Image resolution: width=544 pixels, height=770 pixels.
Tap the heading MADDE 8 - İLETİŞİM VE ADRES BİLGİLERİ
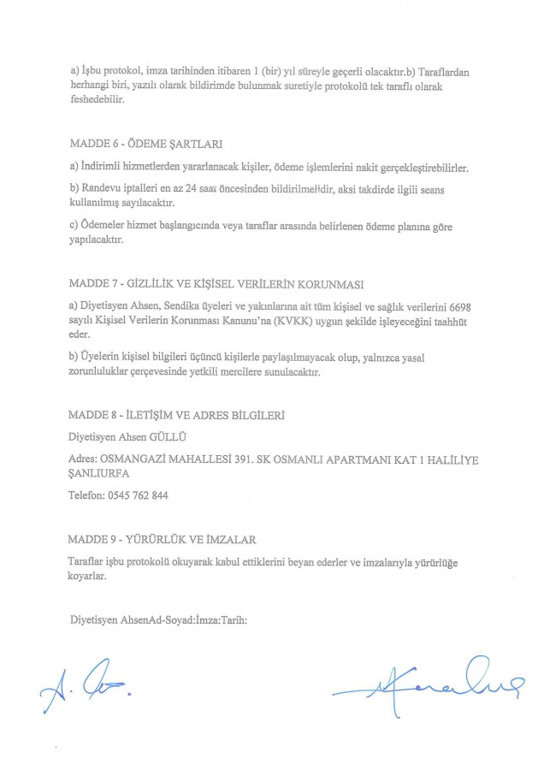pos(176,415)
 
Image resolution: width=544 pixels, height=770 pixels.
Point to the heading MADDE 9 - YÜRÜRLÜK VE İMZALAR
pos(162,539)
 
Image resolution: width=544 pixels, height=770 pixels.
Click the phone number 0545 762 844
pos(137,495)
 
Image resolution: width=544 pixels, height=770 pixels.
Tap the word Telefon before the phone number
pos(86,495)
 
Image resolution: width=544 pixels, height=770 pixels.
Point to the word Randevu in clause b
pos(97,187)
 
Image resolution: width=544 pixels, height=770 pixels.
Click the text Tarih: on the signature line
pos(235,619)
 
